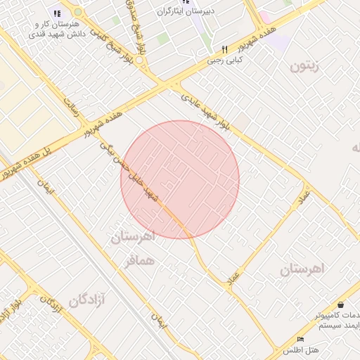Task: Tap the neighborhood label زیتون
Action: [304, 67]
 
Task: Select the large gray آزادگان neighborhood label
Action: [87, 301]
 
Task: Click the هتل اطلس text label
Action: [301, 349]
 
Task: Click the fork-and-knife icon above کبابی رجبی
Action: [225, 50]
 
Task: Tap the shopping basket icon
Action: [341, 305]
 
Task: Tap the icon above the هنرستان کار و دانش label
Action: [57, 13]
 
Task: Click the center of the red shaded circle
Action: [180, 179]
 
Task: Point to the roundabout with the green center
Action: [77, 13]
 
